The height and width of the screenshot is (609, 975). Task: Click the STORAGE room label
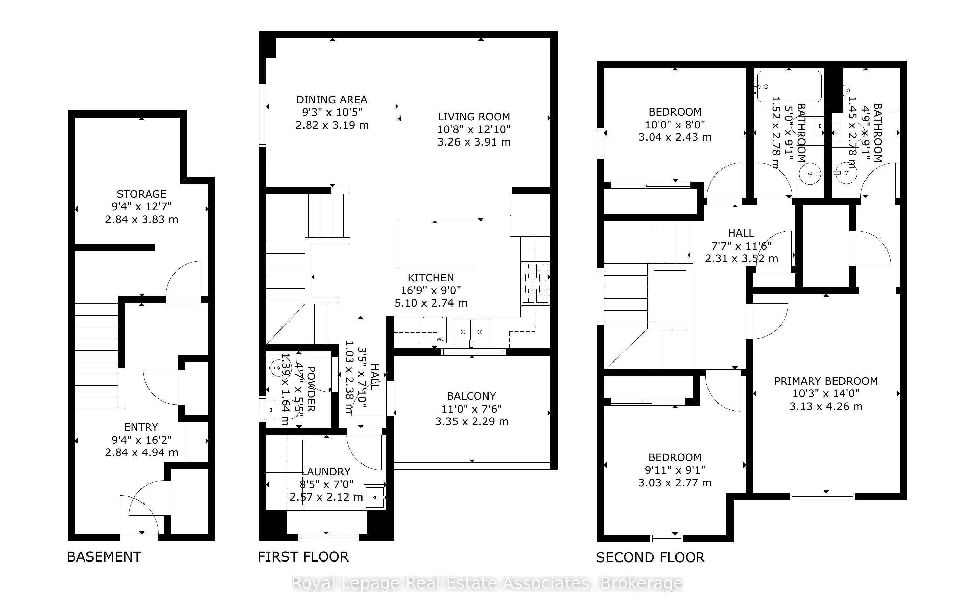click(141, 194)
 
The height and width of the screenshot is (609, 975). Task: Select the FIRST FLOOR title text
click(303, 557)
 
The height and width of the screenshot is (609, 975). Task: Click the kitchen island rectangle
click(436, 245)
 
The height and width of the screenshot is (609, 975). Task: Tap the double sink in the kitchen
click(471, 332)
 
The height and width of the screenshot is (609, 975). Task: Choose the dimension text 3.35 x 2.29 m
click(472, 422)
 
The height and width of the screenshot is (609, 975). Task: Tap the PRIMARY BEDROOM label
click(826, 381)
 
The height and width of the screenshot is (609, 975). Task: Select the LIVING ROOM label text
click(474, 117)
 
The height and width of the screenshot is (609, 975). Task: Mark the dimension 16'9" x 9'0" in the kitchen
click(431, 290)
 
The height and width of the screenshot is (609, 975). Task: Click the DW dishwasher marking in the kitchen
click(441, 339)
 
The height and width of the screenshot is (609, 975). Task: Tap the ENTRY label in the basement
click(141, 427)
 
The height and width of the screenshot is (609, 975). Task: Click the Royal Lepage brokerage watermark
click(487, 584)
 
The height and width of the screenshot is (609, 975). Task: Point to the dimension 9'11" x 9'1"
click(674, 470)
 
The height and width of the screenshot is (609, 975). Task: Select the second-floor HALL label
click(741, 233)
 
